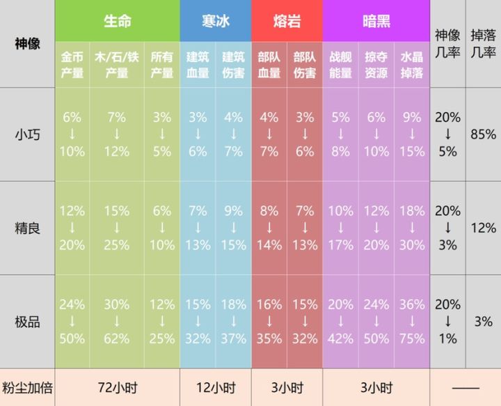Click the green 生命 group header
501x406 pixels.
point(117,21)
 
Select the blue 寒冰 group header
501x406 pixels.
point(215,21)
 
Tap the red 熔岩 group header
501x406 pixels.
point(287,21)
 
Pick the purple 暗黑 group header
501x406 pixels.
point(376,21)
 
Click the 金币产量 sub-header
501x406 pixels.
point(72,65)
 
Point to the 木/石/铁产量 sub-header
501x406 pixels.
point(117,65)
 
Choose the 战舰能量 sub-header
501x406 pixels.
point(340,65)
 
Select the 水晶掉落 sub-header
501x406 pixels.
point(413,65)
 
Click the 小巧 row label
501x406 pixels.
point(27,134)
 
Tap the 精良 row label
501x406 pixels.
point(27,228)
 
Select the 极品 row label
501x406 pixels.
point(27,322)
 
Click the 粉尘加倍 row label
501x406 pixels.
point(27,388)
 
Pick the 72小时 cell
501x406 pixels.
point(117,388)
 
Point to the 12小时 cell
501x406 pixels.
point(215,388)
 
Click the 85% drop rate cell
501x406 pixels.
point(483,134)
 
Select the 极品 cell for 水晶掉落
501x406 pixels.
point(413,322)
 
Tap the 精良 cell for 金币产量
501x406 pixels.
point(72,228)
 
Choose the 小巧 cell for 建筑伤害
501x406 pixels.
point(233,134)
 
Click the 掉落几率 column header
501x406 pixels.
point(483,43)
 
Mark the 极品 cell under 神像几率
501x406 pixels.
point(447,322)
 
